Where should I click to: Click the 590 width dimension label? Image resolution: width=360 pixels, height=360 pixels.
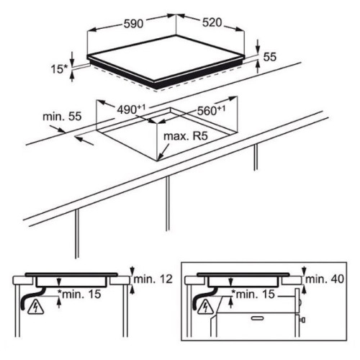(133, 24)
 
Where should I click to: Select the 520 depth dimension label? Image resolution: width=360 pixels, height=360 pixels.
(212, 22)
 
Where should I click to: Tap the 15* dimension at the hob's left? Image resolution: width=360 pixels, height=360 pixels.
(60, 69)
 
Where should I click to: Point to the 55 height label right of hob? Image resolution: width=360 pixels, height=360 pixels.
(270, 57)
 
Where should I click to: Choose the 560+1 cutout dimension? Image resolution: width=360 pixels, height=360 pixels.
(211, 110)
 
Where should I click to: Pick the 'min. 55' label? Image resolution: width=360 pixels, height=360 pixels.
(62, 117)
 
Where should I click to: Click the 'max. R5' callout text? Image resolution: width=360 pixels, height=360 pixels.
(185, 136)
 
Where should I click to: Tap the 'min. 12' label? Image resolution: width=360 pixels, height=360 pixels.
(153, 279)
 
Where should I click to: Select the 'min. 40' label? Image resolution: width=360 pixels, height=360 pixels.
(325, 279)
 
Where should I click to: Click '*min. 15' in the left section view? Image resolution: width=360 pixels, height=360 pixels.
(79, 294)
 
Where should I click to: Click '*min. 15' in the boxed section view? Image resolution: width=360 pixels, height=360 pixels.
(253, 294)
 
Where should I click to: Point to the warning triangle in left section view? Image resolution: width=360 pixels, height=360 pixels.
(36, 307)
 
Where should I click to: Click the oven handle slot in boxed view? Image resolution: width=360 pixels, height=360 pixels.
(258, 318)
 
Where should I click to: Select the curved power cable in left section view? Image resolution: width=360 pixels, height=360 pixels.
(31, 297)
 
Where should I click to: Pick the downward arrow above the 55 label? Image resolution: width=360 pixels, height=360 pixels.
(258, 46)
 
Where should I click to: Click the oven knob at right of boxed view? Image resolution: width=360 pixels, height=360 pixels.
(302, 320)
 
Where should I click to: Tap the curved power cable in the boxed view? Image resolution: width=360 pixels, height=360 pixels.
(204, 297)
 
